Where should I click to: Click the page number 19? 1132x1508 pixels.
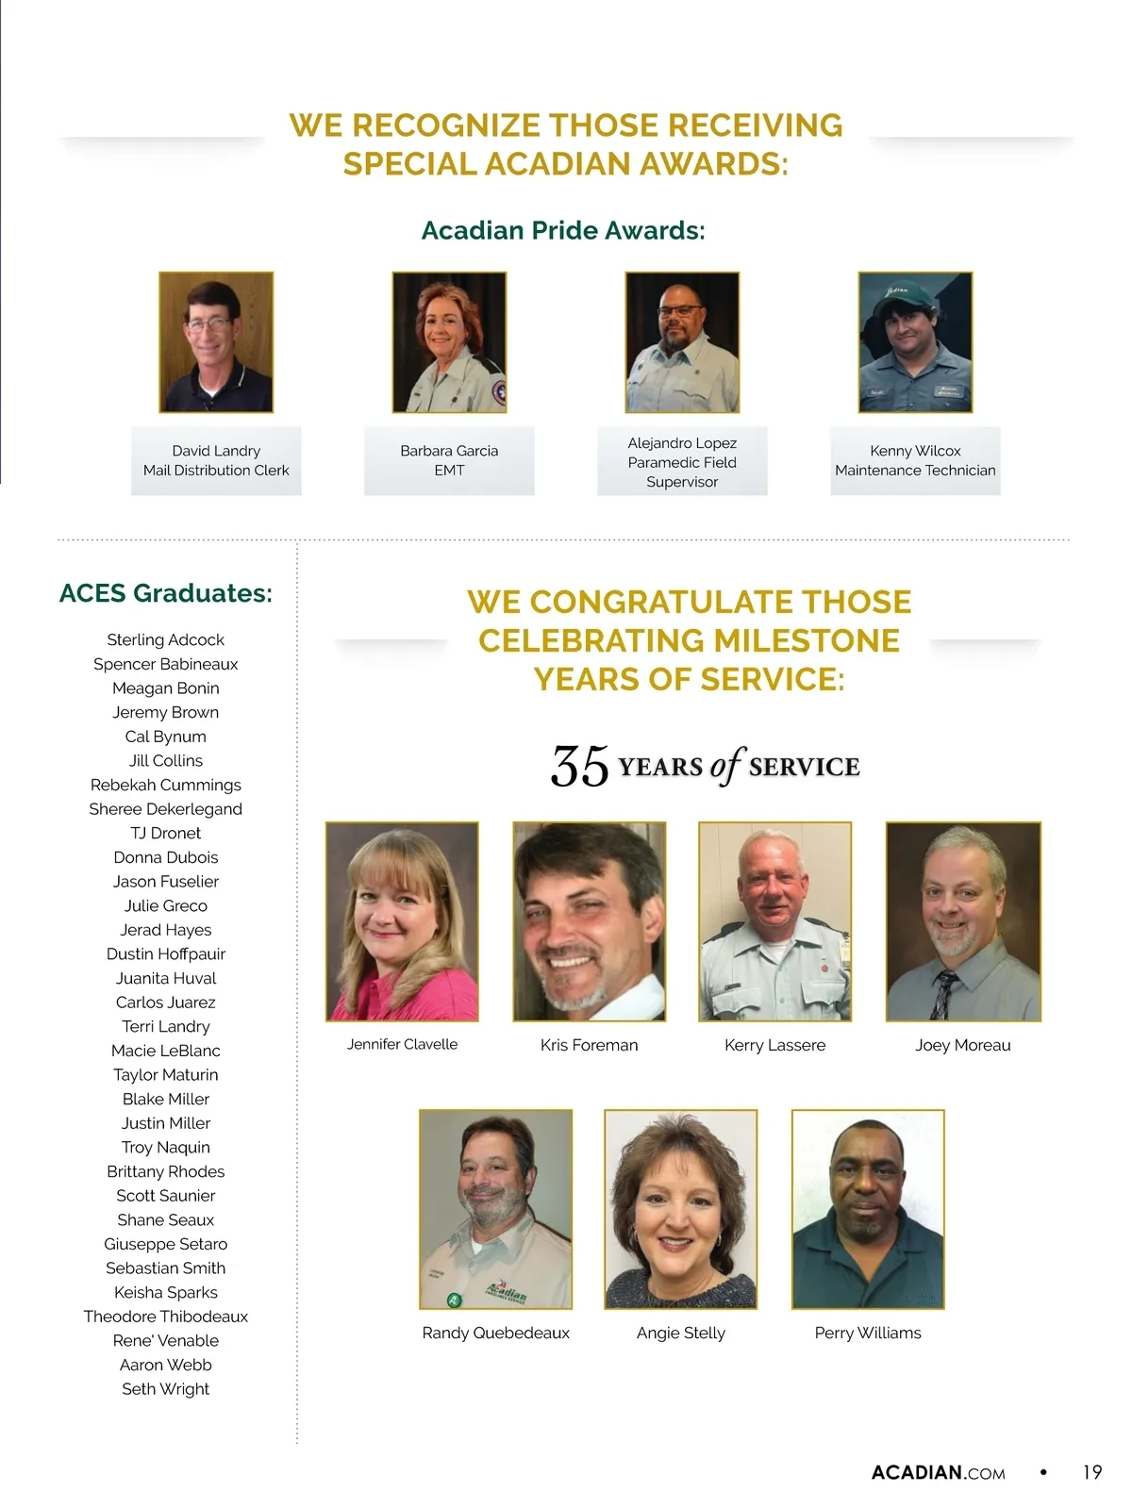(1091, 1472)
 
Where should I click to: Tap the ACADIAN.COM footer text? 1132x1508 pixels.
(938, 1473)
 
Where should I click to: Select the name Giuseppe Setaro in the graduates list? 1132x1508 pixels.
(166, 1244)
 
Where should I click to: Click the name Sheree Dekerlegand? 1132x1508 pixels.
(166, 809)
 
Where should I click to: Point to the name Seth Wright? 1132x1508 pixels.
(166, 1389)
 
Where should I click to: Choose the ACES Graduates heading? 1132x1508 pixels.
(166, 593)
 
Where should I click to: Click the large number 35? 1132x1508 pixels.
(579, 767)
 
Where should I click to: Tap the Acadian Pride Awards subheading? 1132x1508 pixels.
(563, 231)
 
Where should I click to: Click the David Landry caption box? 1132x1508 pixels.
(216, 461)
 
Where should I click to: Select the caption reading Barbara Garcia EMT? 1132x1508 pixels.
(449, 461)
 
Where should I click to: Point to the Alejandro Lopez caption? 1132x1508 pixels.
(682, 462)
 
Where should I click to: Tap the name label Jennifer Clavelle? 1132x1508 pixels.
(402, 1045)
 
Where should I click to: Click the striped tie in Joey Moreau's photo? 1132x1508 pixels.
(944, 995)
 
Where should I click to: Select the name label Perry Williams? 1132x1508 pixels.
(868, 1334)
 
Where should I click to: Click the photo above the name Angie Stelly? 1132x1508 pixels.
(681, 1210)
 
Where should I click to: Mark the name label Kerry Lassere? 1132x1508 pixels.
(774, 1046)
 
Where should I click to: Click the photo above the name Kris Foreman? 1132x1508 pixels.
(590, 921)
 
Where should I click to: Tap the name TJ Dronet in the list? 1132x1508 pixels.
(166, 834)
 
